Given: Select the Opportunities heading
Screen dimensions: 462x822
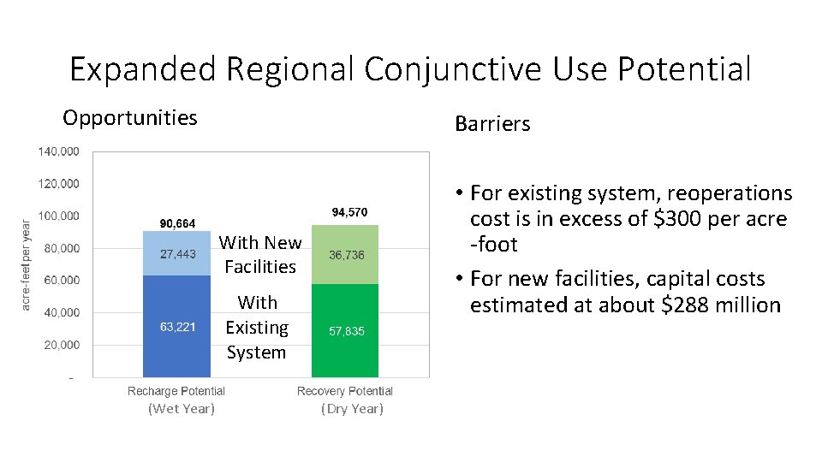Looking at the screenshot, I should tap(130, 118).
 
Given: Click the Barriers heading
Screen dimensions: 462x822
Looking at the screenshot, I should tap(492, 124).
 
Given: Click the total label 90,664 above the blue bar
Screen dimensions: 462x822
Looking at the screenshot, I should tap(177, 223).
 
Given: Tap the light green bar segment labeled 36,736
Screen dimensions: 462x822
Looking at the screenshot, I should tap(346, 255).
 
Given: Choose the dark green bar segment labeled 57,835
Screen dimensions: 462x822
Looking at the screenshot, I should tap(346, 330).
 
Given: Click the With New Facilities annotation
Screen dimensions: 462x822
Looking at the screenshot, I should tap(260, 255).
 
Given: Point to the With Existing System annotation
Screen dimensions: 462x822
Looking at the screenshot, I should tap(257, 328).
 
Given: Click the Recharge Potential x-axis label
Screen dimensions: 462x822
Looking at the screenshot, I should tap(176, 391).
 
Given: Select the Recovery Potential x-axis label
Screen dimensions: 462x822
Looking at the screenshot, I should tap(345, 391).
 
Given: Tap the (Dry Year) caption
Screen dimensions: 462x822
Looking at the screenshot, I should tap(352, 409).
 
